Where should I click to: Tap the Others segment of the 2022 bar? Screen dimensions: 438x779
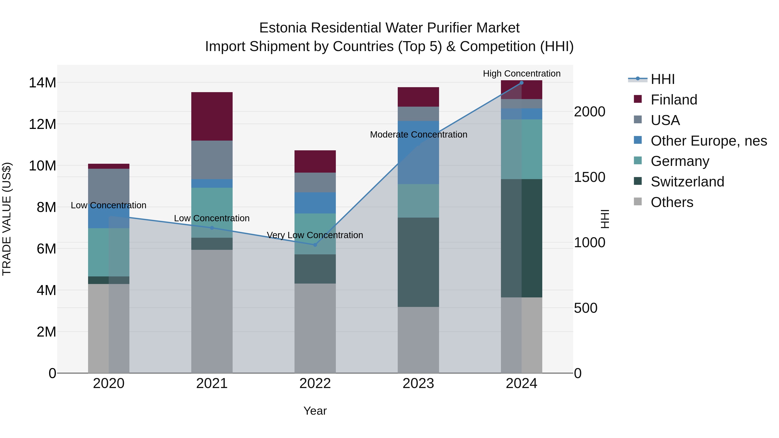315,328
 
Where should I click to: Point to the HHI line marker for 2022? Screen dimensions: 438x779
315,245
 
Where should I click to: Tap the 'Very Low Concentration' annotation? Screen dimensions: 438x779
315,235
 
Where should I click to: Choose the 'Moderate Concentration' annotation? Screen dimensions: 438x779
418,135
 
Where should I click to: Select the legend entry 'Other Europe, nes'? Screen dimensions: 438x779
708,141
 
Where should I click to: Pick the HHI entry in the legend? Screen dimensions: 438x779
662,79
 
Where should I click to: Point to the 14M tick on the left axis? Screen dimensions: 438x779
42,83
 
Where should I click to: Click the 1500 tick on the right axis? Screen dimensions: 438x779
589,177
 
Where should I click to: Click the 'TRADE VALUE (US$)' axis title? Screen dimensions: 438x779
7,219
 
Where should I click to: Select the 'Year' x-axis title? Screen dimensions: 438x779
315,411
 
